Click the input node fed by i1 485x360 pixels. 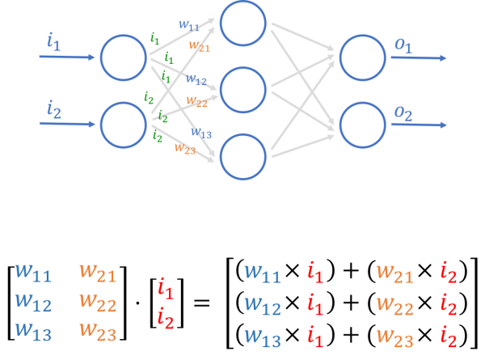(x=124, y=57)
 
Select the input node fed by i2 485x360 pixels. (x=124, y=125)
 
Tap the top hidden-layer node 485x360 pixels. (x=242, y=23)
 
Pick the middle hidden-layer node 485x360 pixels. (x=242, y=90)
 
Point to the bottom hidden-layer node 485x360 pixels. (x=242, y=156)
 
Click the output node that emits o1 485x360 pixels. (x=362, y=57)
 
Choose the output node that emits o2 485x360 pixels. (x=362, y=125)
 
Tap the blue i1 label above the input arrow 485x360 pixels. (x=54, y=42)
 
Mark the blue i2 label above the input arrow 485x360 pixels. (x=54, y=108)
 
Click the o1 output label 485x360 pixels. (x=403, y=46)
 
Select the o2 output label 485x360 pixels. (x=403, y=113)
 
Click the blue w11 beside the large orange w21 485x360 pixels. (x=33, y=273)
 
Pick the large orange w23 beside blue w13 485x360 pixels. (x=98, y=332)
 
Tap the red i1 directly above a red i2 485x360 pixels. (x=166, y=288)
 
